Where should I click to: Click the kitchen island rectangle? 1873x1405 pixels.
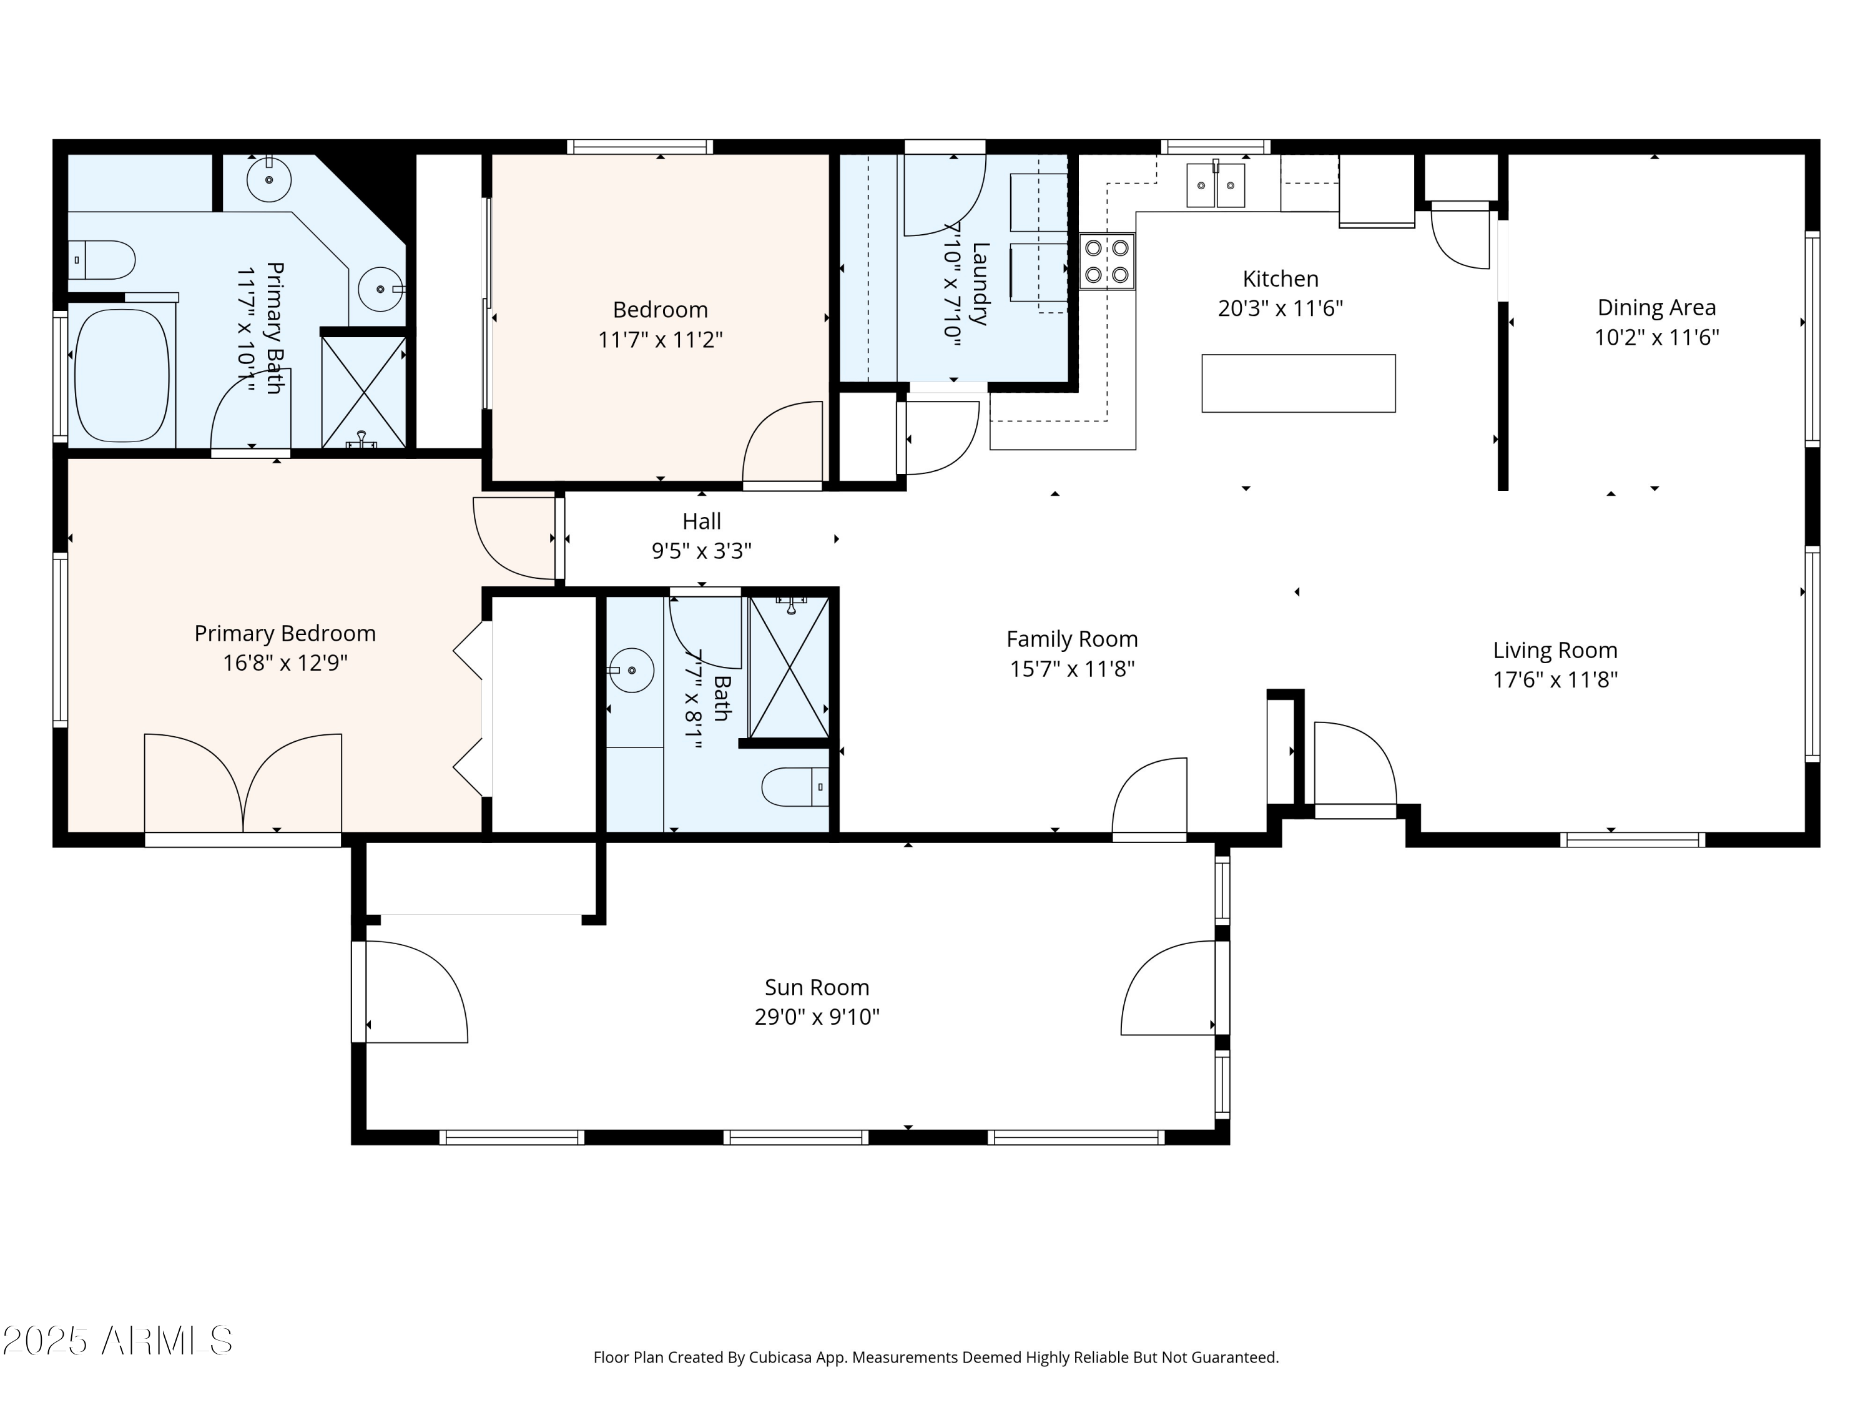[1298, 383]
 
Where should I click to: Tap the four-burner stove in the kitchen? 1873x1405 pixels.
[1107, 262]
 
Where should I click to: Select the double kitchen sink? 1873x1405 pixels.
[1216, 185]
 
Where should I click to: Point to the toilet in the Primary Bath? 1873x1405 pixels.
[102, 260]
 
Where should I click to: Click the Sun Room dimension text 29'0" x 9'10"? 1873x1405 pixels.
[817, 1016]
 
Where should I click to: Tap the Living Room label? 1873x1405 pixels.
[1555, 651]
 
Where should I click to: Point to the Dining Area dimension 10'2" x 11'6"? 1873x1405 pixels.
[1656, 337]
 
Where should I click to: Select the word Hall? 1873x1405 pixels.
[702, 521]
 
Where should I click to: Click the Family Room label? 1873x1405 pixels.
[1072, 639]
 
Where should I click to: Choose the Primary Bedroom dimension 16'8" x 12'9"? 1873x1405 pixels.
[285, 663]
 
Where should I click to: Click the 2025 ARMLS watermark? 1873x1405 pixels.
[118, 1341]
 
